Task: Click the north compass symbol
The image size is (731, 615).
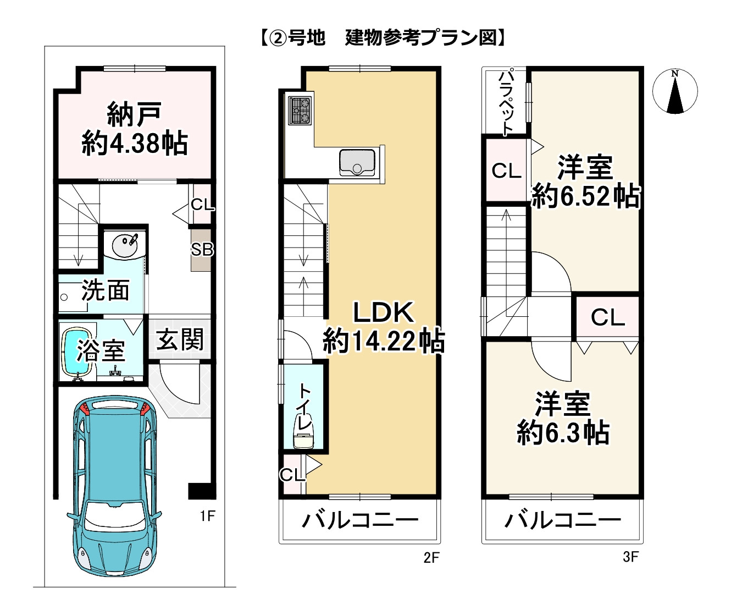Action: pyautogui.click(x=675, y=91)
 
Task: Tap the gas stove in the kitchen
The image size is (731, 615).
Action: pyautogui.click(x=300, y=111)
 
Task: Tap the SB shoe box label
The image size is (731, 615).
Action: pyautogui.click(x=201, y=250)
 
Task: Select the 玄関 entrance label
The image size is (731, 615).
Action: pyautogui.click(x=180, y=339)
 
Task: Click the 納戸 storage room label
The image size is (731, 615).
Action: pyautogui.click(x=134, y=114)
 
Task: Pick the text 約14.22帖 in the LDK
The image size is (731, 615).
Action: pyautogui.click(x=383, y=342)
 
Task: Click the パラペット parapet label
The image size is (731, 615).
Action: pyautogui.click(x=506, y=101)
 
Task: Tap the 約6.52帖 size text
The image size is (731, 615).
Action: pyautogui.click(x=586, y=196)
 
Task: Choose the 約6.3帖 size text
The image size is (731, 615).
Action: pyautogui.click(x=563, y=433)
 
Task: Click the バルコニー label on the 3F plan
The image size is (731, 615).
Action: pyautogui.click(x=563, y=520)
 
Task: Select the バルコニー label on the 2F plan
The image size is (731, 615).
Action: pyautogui.click(x=360, y=520)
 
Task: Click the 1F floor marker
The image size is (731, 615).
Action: pyautogui.click(x=207, y=515)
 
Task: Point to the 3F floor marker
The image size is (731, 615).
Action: pyautogui.click(x=630, y=557)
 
